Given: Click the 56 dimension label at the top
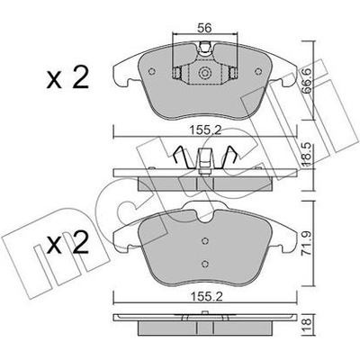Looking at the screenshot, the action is (204, 28).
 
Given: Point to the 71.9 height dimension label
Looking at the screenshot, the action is (307, 245).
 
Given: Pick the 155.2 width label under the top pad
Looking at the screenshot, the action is (205, 130).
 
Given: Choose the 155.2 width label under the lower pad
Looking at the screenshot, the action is (205, 297).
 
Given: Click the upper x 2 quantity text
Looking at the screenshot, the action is (67, 77).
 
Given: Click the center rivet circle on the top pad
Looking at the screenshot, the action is (204, 72).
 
